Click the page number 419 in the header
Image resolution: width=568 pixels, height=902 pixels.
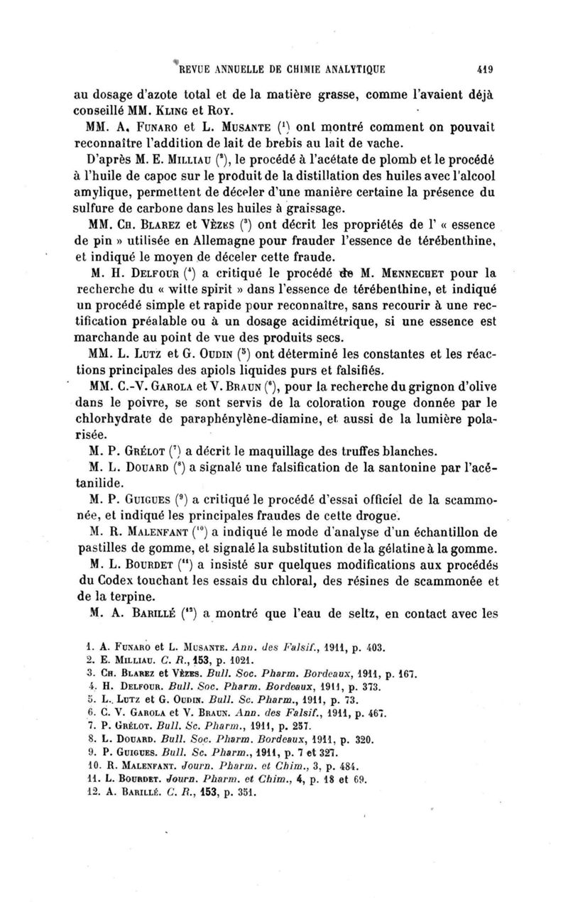(486, 69)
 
